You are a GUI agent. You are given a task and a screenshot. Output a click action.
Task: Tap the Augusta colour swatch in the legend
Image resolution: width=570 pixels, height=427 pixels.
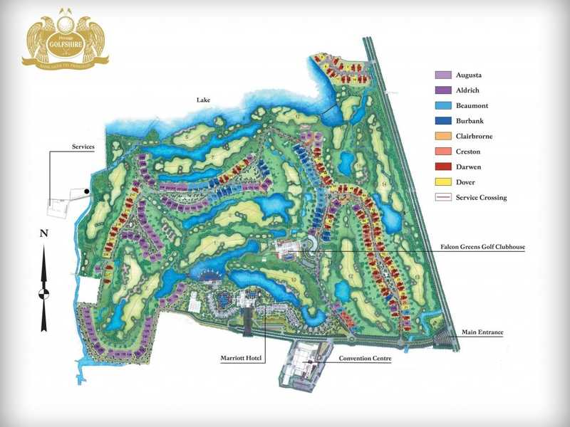443,75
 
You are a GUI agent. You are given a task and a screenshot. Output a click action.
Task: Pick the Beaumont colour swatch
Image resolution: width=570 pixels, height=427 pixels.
443,105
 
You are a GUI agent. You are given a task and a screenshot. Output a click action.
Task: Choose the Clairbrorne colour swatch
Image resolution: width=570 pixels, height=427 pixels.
443,136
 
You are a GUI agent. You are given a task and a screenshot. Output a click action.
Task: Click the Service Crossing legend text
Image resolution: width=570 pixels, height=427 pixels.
482,197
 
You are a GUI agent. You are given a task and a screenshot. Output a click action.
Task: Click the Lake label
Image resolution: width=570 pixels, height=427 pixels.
205,100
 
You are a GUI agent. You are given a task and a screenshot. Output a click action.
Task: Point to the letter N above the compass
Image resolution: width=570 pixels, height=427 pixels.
43,233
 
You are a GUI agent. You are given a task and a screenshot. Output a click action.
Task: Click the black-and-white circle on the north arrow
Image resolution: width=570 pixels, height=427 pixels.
43,292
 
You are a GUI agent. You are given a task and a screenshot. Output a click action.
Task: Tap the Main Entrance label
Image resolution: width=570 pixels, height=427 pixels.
482,332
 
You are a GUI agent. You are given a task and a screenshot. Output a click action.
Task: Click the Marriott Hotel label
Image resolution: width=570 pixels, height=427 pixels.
242,359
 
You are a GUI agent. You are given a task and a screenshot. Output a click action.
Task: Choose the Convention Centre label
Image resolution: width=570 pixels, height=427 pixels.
366,359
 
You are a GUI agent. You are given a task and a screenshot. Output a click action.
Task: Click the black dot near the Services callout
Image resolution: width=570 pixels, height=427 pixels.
86,191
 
